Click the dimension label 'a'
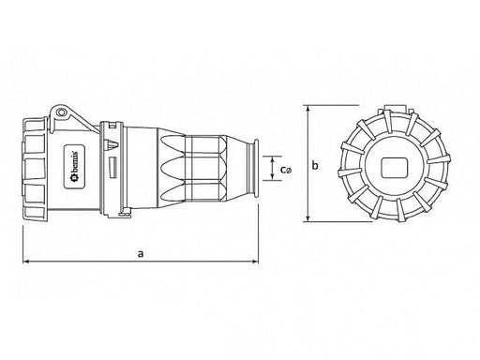[141, 253]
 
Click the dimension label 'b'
[315, 165]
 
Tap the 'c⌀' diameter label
[286, 170]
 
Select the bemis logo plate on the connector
[75, 167]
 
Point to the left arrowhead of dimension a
[26, 262]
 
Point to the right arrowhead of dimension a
[255, 262]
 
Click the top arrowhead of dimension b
[308, 109]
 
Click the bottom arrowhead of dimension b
[308, 218]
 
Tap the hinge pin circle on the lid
[61, 112]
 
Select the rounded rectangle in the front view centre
[394, 167]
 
